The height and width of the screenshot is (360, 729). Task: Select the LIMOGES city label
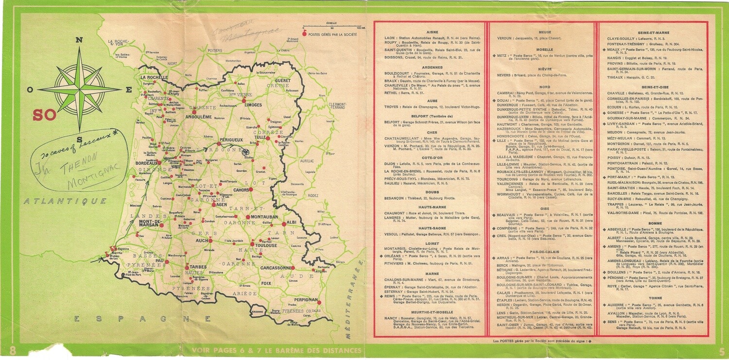[x=253, y=104]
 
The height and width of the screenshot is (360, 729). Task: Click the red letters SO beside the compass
[x=44, y=115]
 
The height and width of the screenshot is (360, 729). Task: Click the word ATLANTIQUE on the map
[x=65, y=201]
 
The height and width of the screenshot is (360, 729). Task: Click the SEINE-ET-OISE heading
[x=653, y=87]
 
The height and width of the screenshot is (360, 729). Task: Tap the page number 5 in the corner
[x=721, y=351]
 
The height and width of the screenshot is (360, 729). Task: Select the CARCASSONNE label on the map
[x=275, y=268]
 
